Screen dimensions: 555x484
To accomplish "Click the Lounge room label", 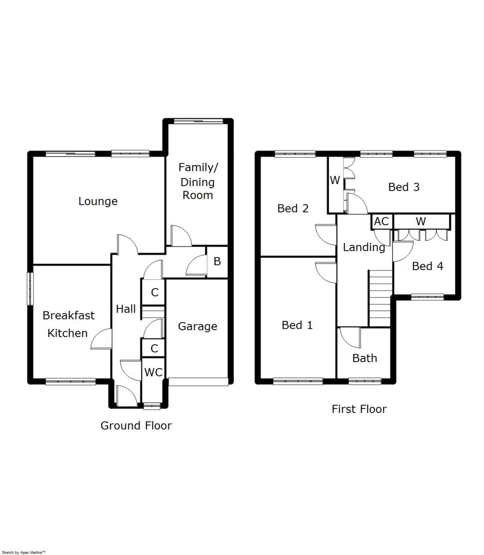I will (98, 201).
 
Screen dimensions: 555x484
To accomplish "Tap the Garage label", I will (197, 327).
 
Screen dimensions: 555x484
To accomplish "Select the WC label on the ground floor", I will (153, 372).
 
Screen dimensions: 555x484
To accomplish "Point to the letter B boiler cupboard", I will (217, 262).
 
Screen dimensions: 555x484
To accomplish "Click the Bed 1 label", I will (297, 325).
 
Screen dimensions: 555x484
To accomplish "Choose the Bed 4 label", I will (428, 266).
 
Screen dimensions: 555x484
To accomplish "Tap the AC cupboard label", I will (381, 222).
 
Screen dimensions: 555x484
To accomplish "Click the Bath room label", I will (365, 358).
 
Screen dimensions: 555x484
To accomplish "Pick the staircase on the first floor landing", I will (380, 298).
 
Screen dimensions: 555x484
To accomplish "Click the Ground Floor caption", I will (136, 425).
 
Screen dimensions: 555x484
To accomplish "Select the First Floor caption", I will (359, 409).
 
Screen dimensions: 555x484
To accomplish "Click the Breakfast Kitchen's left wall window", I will (31, 289).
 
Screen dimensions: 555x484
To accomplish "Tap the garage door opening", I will (198, 382).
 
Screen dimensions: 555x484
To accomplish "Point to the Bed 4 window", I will (427, 297).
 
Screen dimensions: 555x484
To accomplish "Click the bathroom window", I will (365, 381).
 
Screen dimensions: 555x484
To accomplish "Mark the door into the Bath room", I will (350, 338).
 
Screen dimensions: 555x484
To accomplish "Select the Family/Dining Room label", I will (198, 181).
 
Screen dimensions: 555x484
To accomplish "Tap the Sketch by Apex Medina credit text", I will (24, 552).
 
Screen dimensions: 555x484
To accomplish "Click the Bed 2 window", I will (294, 154).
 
